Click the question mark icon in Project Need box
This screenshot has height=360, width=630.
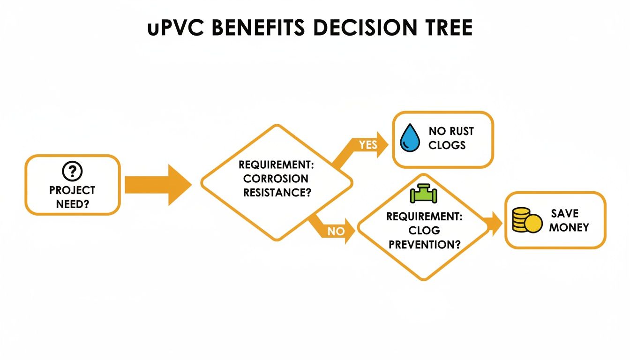72,172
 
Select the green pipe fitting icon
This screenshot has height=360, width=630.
423,194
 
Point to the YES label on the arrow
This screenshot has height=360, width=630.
368,145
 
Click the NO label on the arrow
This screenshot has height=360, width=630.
336,231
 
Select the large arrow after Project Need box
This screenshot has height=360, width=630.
157,185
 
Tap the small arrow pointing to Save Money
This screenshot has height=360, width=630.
492,224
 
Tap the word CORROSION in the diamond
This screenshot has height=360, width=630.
276,179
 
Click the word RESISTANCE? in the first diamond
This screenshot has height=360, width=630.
277,192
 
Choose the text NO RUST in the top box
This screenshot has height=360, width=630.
451,131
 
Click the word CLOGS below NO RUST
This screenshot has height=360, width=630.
447,145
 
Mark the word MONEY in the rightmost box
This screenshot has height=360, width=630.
569,227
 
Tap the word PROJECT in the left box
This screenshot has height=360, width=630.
72,190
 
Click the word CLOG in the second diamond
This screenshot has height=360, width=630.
424,230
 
